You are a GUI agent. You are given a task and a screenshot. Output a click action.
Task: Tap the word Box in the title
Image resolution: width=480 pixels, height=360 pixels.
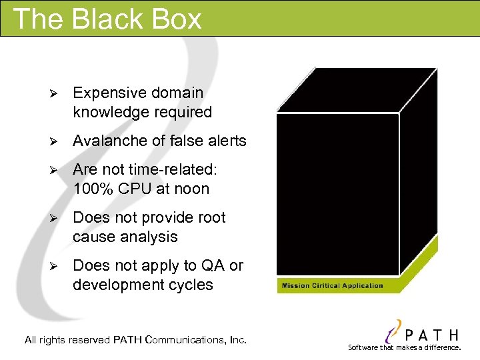[177, 19]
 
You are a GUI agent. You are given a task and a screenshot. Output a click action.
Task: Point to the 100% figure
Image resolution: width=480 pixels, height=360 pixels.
[92, 189]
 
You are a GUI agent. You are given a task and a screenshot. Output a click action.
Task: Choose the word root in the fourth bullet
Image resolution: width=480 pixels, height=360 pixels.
[211, 217]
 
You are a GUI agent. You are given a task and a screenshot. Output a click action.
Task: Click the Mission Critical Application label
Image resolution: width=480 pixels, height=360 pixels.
[332, 286]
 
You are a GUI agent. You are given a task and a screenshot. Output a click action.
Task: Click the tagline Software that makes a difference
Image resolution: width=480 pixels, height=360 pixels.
[404, 347]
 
